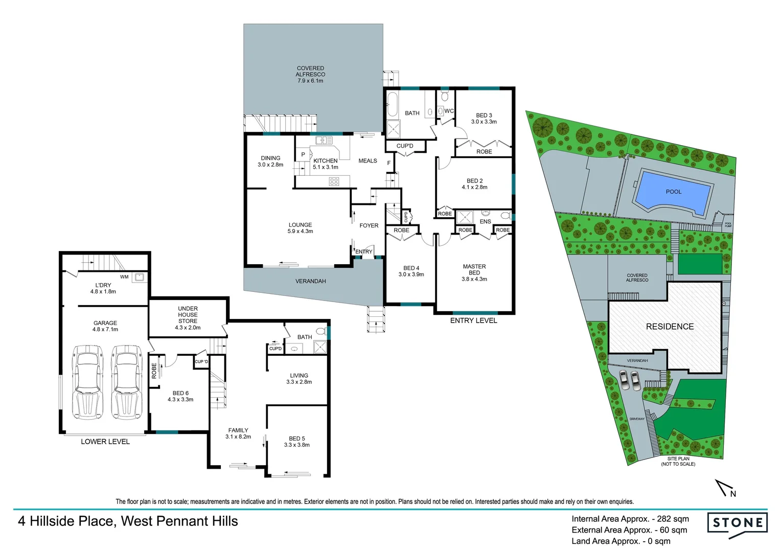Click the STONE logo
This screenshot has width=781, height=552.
click(x=737, y=523)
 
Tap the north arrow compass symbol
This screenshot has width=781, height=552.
click(x=725, y=489)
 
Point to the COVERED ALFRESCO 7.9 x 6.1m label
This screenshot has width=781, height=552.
click(x=310, y=75)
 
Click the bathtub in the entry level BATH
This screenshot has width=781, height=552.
click(x=392, y=105)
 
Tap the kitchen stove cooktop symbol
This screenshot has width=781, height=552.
click(x=334, y=181)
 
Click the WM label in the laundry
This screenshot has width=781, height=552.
click(x=124, y=277)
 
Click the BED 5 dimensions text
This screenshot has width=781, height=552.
click(x=296, y=445)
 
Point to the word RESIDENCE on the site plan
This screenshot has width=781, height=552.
click(x=670, y=327)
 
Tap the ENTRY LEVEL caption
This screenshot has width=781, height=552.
click(x=473, y=320)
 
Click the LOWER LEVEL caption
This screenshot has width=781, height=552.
click(x=105, y=442)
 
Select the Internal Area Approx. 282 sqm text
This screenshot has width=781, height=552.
click(x=630, y=519)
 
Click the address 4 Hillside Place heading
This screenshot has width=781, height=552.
click(x=128, y=521)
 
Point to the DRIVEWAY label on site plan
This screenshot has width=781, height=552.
click(x=637, y=419)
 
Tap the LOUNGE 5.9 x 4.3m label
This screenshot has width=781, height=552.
click(x=300, y=228)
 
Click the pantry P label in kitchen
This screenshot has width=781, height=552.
click(x=303, y=154)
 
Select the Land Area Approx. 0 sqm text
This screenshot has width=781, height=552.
click(x=621, y=541)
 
